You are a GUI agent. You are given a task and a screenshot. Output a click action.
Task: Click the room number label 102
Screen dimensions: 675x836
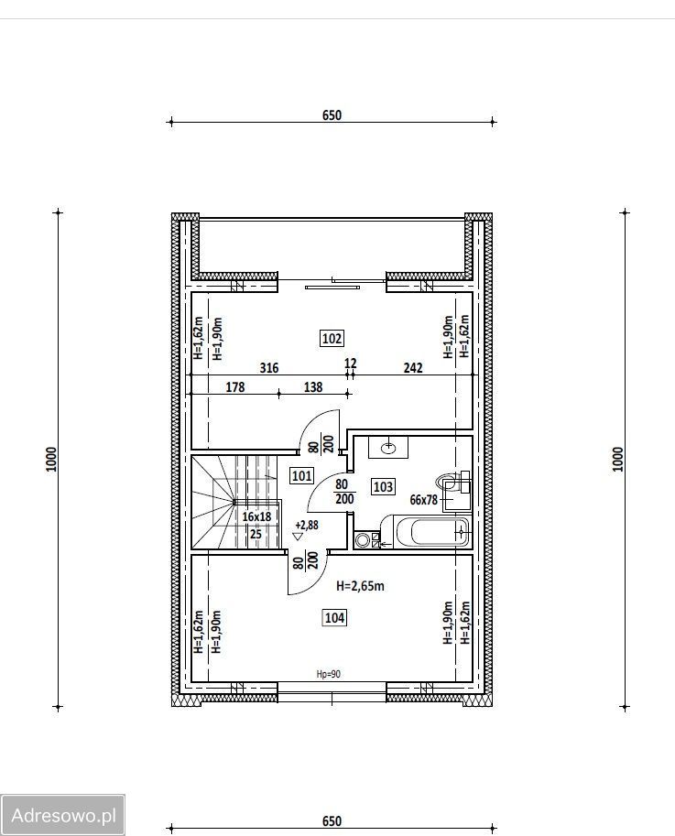click(x=332, y=339)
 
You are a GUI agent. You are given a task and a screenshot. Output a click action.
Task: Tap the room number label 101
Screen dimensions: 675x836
click(x=301, y=475)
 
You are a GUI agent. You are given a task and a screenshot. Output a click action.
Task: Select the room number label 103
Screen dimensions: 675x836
click(x=384, y=486)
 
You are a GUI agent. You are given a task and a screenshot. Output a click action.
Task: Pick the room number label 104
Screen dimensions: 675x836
click(x=334, y=618)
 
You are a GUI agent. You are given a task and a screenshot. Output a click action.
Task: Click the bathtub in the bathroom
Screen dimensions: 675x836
click(x=432, y=532)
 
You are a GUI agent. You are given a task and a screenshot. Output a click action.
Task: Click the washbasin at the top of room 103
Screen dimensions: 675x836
click(x=388, y=447)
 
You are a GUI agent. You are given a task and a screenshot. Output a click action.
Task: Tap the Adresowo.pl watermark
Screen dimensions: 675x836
click(x=63, y=815)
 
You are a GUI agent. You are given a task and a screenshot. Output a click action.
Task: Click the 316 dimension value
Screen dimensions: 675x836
click(x=269, y=368)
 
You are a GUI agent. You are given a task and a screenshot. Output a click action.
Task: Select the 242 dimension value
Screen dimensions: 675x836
click(x=413, y=367)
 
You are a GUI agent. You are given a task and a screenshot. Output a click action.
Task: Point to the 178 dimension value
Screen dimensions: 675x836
click(x=235, y=387)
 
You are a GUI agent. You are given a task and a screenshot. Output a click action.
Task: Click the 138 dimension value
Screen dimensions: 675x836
click(x=313, y=387)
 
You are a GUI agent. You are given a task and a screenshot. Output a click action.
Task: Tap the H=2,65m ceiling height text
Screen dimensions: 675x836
click(x=361, y=586)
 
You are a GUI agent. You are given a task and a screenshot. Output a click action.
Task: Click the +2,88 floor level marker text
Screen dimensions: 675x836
click(x=307, y=526)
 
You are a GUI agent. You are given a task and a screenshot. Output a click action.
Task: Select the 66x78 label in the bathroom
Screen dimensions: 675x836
click(x=423, y=500)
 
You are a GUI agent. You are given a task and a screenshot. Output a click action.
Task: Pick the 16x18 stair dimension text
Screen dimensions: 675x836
click(x=256, y=516)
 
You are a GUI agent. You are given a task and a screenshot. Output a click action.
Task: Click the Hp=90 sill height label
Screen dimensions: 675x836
click(x=329, y=675)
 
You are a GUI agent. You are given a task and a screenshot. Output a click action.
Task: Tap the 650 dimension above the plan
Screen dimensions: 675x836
click(x=332, y=115)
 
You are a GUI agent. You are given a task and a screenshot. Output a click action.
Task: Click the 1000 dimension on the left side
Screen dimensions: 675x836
click(x=51, y=459)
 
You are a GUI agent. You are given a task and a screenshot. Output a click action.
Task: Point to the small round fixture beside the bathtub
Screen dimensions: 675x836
click(x=363, y=540)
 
